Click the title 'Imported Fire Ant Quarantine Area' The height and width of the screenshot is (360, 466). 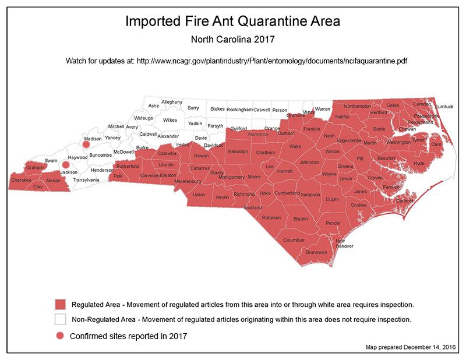(232, 22)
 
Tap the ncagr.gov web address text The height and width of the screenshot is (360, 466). (271, 61)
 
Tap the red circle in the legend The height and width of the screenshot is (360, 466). (60, 336)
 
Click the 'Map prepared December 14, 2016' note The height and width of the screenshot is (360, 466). (408, 348)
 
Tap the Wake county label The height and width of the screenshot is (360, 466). (295, 147)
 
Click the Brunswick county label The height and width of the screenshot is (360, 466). (317, 252)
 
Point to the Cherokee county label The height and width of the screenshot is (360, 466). (21, 180)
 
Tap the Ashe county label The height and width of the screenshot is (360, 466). (154, 105)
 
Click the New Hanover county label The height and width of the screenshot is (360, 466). (344, 243)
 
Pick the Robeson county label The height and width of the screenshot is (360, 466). (271, 217)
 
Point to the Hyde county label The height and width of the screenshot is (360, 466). (418, 164)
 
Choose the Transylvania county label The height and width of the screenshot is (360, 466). (86, 180)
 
